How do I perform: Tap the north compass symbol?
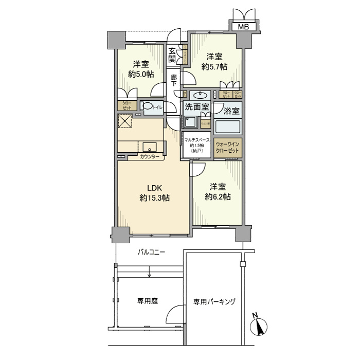click(x=259, y=325)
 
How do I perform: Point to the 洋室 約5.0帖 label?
click(x=140, y=69)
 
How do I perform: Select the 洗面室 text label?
click(x=197, y=107)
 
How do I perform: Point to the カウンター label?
click(x=149, y=156)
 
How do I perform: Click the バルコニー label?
click(x=151, y=253)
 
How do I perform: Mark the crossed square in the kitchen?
click(x=125, y=122)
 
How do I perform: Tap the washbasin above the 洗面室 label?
click(x=199, y=95)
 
